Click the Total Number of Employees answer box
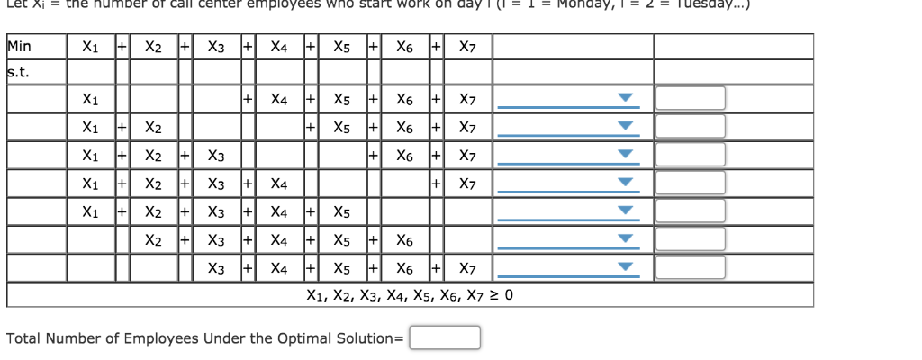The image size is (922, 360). [445, 337]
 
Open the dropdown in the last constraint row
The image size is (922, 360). [623, 268]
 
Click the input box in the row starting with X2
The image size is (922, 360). [690, 240]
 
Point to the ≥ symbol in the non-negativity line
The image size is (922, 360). [494, 295]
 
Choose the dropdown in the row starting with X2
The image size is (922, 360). [623, 240]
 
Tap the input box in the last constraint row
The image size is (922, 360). [690, 268]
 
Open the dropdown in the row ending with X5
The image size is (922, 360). [623, 212]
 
